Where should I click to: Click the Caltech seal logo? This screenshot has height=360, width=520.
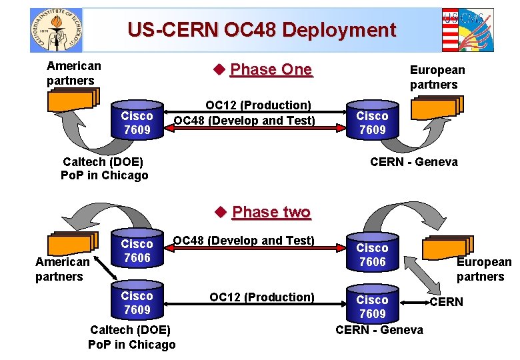coord(56,30)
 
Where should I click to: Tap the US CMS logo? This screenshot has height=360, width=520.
coord(467,30)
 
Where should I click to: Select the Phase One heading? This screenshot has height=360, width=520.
coord(271,69)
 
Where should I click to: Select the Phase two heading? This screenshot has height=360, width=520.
coord(271,212)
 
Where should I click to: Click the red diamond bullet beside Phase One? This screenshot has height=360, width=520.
coord(219,69)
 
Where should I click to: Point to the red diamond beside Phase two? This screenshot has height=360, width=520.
coord(221,212)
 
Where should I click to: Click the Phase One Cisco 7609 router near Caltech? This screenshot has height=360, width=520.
coord(137,120)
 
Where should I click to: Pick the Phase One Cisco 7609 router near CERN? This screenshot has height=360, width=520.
coord(373,120)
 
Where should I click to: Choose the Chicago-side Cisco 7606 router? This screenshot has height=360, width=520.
coord(137,248)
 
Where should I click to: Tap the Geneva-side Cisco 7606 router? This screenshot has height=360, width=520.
coord(373,252)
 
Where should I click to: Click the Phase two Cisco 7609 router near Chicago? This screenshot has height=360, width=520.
coord(137,300)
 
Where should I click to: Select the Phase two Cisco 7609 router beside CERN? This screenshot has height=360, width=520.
coord(373,303)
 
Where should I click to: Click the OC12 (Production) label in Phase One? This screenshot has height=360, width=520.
coord(259,105)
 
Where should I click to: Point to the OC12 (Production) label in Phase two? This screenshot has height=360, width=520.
coord(262,297)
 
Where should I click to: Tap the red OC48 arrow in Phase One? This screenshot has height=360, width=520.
coord(255,128)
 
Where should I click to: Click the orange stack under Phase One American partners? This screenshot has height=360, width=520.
coord(73,100)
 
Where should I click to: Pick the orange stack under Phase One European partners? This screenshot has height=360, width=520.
coord(437,107)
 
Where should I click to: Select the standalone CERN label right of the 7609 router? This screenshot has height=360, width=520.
coord(447,302)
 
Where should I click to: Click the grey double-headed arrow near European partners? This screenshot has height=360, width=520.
coord(422,275)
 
